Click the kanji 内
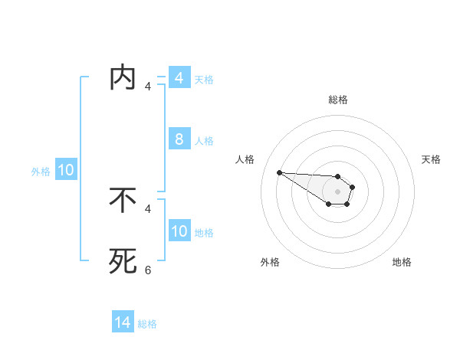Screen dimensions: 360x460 tap(123, 78)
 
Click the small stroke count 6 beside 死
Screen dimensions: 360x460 tap(148, 270)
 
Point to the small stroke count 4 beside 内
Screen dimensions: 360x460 tap(148, 86)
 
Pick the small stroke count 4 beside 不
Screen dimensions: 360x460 tap(148, 208)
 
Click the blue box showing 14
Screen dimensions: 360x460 tap(123, 323)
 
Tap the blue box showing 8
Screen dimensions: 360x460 tap(179, 139)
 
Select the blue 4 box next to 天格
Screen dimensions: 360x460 tap(179, 78)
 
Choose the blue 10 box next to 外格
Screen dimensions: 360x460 tap(66, 170)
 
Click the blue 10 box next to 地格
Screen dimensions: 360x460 tap(179, 231)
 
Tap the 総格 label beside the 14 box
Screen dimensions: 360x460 tap(147, 324)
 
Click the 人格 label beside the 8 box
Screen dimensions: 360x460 tap(204, 140)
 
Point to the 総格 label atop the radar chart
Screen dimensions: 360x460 tap(338, 100)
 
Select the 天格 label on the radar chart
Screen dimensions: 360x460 tap(431, 159)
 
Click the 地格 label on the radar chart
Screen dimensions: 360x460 tap(402, 262)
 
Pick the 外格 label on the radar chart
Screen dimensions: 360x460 tap(270, 262)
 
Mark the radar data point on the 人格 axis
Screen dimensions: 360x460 tap(279, 172)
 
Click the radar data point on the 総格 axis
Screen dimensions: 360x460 tap(338, 177)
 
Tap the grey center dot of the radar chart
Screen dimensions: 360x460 tap(338, 191)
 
